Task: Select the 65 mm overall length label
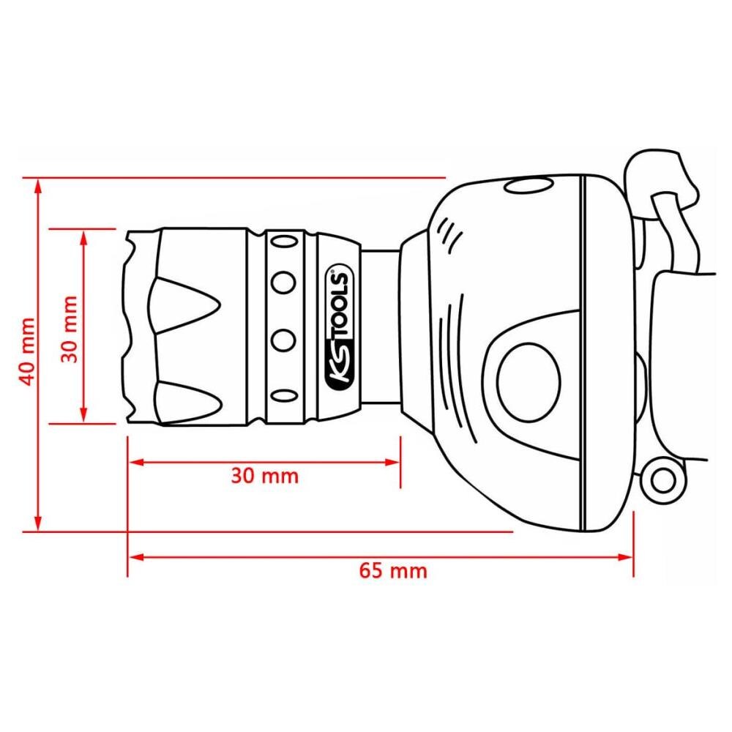click(x=393, y=570)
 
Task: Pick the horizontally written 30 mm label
click(x=265, y=475)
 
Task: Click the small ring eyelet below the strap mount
click(x=663, y=481)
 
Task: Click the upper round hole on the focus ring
click(x=283, y=281)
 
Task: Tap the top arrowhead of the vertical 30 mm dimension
click(x=83, y=236)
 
